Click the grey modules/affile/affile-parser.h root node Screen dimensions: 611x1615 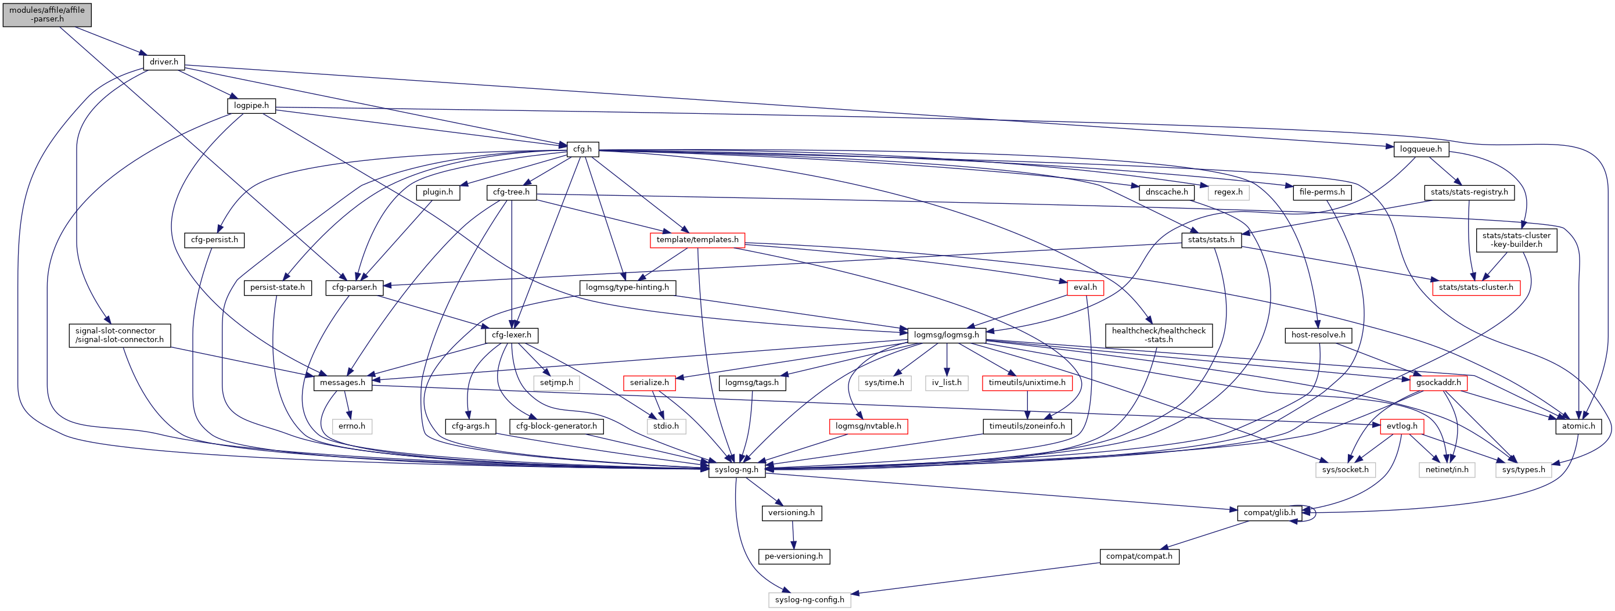point(47,15)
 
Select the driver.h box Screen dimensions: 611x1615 point(164,62)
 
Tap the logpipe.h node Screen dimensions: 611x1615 point(251,105)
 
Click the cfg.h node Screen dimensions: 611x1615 point(582,149)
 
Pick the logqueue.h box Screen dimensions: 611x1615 point(1420,149)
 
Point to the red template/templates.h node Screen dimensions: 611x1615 point(697,240)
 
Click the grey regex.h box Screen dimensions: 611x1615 point(1228,192)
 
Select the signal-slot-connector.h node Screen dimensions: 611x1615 point(119,335)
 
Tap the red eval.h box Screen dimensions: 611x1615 point(1085,287)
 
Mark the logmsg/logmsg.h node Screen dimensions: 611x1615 point(946,335)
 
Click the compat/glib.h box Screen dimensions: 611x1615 point(1269,512)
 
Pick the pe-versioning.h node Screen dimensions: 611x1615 point(793,556)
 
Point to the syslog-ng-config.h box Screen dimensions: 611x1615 point(810,600)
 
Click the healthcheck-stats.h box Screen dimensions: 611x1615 point(1158,335)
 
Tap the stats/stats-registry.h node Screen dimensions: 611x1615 point(1469,192)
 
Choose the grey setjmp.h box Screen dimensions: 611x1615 point(556,383)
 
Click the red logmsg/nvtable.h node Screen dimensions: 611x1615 point(868,426)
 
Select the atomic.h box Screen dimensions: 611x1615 point(1578,426)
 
